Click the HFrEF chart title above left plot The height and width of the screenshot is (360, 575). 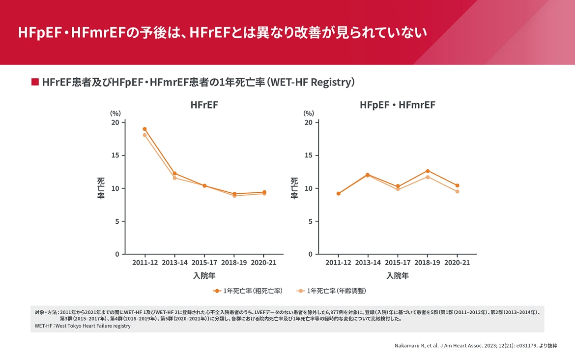point(204,105)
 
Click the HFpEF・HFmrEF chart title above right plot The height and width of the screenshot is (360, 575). point(397,105)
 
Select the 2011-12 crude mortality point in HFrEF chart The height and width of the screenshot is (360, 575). point(144,129)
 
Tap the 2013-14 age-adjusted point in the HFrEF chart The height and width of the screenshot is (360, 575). point(174,178)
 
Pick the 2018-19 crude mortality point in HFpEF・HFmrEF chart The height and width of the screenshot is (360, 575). point(428,171)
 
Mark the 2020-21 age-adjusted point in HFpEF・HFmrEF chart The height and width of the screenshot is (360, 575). point(457,191)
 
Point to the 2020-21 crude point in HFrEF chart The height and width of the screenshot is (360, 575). point(264,192)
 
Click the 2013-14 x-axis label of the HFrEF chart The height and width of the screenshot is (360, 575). point(175,263)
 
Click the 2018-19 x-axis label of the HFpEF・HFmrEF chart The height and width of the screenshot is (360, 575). point(427,263)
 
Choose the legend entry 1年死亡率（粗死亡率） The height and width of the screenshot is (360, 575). point(248,291)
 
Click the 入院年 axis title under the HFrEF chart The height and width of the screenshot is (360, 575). point(204,275)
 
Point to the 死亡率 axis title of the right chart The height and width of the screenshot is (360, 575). point(294,188)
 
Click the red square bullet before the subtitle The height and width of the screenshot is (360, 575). point(35,82)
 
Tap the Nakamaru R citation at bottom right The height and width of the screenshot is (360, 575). point(476,346)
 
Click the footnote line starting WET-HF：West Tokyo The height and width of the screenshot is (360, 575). point(83,326)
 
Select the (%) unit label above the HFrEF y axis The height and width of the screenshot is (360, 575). point(115,113)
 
